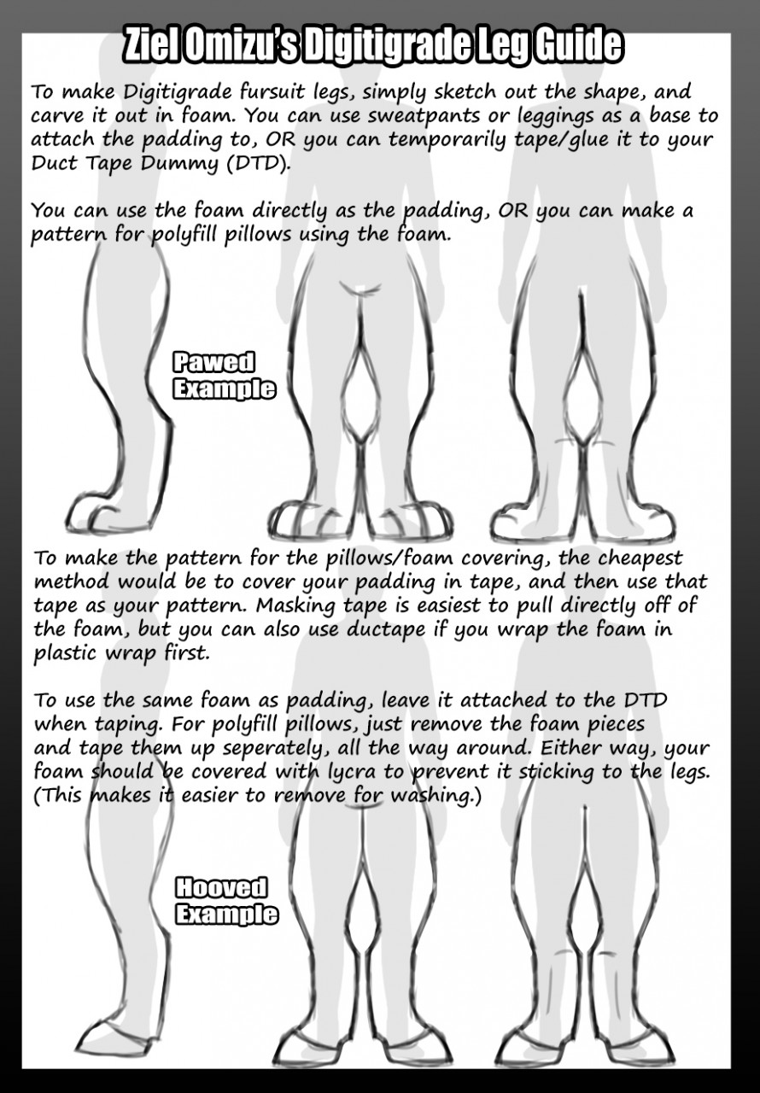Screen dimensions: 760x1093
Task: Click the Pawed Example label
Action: (225, 376)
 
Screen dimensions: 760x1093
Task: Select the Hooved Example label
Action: (227, 900)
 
